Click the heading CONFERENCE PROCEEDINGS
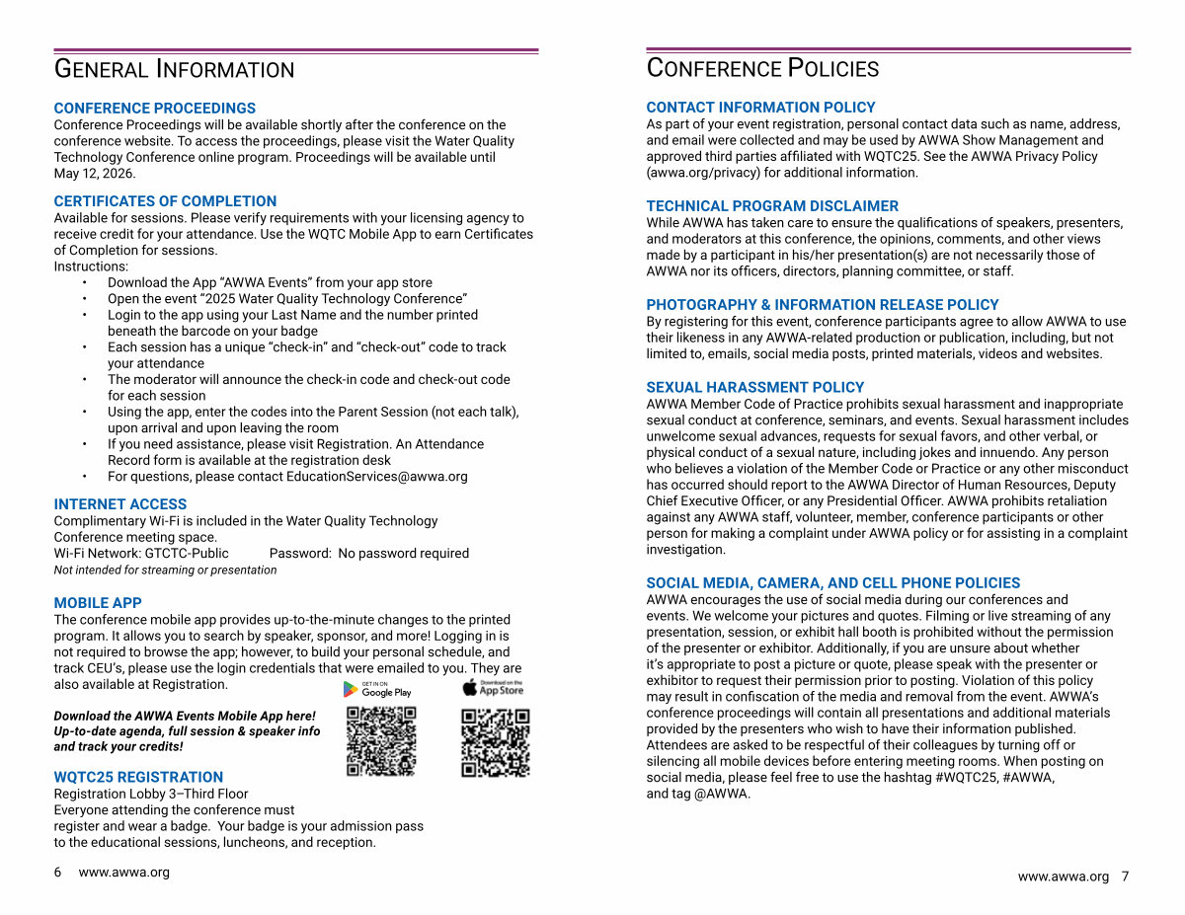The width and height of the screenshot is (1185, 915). point(154,109)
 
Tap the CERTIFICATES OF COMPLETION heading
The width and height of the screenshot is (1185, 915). point(165,201)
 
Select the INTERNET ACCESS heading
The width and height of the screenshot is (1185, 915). point(119,504)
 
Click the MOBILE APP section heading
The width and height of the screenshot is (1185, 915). point(98,603)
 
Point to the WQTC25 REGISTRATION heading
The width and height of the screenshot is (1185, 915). point(138,777)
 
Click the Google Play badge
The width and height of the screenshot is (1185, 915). point(377,689)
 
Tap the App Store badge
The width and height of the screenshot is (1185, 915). point(494,688)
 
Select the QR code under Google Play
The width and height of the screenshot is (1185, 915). point(381,741)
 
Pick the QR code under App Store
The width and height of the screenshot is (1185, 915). point(496,741)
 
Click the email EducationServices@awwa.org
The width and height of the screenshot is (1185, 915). point(376,477)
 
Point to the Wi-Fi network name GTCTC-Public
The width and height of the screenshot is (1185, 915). point(187,554)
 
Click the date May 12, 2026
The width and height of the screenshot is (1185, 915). point(87,174)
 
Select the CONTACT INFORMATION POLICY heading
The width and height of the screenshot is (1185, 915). point(760,108)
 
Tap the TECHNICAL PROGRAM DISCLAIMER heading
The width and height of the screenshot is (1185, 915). point(772,206)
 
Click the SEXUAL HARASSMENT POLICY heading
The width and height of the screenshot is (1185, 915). point(754,388)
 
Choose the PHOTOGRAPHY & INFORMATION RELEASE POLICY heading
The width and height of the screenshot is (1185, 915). point(822,305)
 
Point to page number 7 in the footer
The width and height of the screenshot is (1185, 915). point(1125,877)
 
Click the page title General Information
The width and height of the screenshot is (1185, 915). point(174,69)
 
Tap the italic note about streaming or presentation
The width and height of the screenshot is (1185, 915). point(165,571)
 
